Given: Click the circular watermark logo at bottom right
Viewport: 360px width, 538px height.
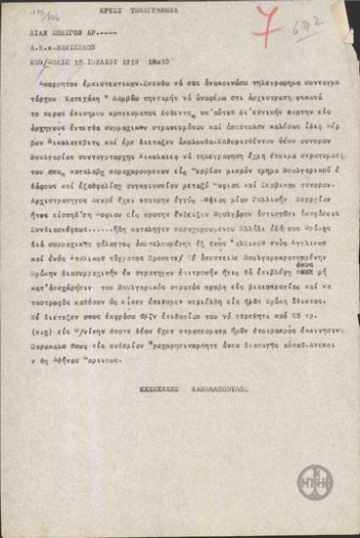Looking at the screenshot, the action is click(316, 480).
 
